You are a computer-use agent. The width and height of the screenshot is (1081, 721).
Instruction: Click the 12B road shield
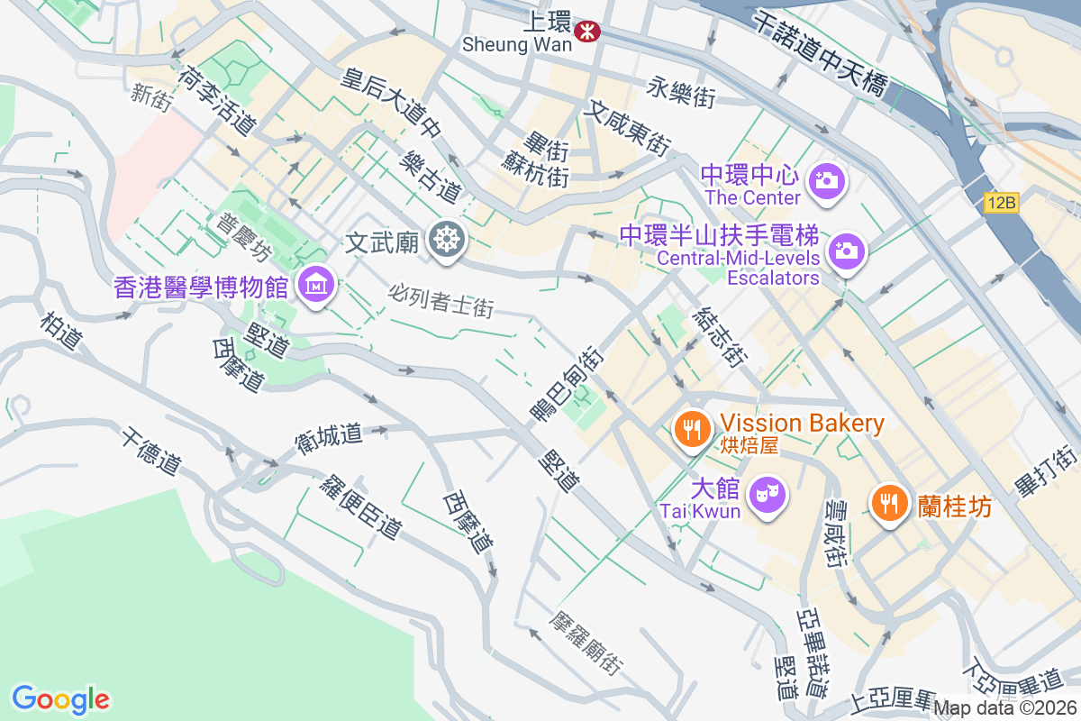click(x=1001, y=204)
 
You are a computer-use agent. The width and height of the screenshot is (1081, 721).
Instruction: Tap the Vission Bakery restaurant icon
click(x=692, y=428)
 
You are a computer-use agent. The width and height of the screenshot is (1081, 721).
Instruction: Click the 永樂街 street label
click(x=681, y=92)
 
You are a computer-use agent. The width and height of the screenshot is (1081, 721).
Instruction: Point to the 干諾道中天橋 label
click(x=819, y=52)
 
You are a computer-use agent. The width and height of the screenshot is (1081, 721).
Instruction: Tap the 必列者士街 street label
click(x=441, y=300)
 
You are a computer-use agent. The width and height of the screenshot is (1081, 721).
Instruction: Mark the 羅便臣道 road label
click(x=360, y=506)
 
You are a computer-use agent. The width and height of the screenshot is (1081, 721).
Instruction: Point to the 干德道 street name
click(x=150, y=452)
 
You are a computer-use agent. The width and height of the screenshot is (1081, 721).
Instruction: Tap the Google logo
click(x=60, y=699)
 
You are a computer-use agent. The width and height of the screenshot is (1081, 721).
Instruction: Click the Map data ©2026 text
click(x=1004, y=708)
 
